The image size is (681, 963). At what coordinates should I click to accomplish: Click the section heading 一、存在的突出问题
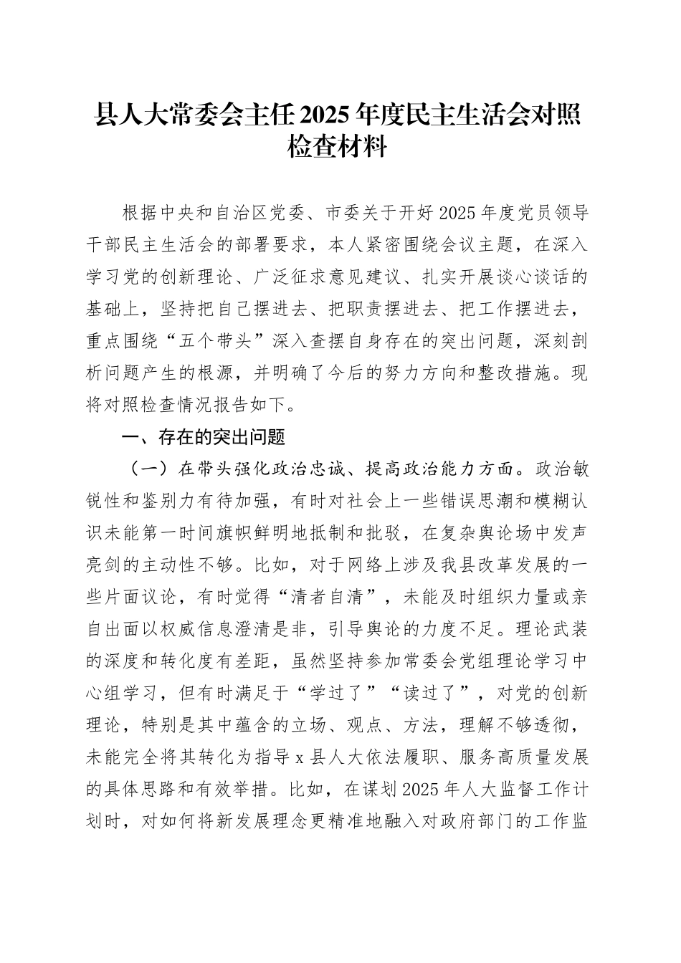[205, 436]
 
